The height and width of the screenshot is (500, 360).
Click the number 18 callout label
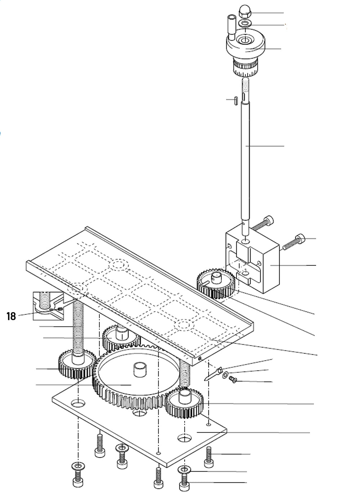click(x=11, y=316)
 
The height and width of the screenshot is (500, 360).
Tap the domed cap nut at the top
click(x=245, y=14)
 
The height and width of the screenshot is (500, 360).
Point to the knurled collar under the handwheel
click(x=245, y=67)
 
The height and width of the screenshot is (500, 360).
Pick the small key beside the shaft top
click(x=234, y=100)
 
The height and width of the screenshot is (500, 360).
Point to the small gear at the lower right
click(x=184, y=402)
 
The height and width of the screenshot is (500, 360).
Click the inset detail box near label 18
click(x=48, y=305)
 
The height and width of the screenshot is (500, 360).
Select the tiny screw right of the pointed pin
click(x=233, y=379)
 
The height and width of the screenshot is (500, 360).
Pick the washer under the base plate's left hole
click(x=78, y=466)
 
